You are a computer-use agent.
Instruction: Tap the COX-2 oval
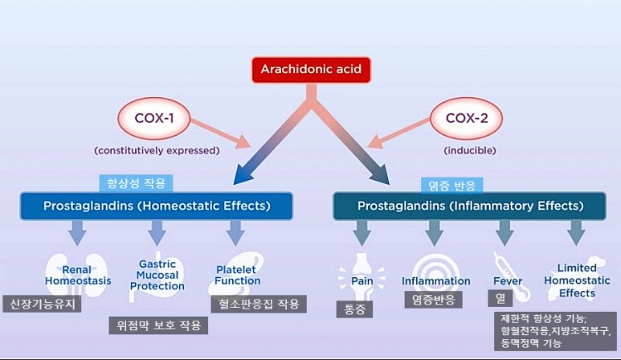(469, 121)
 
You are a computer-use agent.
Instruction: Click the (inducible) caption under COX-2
(469, 150)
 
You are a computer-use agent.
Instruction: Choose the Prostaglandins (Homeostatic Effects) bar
(156, 207)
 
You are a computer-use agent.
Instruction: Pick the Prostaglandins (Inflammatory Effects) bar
(469, 207)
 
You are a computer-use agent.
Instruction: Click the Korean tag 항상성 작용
(136, 183)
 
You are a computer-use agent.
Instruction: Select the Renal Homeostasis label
(78, 275)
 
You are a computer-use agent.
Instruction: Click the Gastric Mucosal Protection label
(157, 275)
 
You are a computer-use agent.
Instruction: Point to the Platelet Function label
(238, 275)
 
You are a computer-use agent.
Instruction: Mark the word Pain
(359, 282)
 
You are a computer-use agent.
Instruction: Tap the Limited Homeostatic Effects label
(577, 280)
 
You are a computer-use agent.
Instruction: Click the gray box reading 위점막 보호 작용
(158, 325)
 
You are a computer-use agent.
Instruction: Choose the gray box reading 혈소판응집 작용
(257, 304)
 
